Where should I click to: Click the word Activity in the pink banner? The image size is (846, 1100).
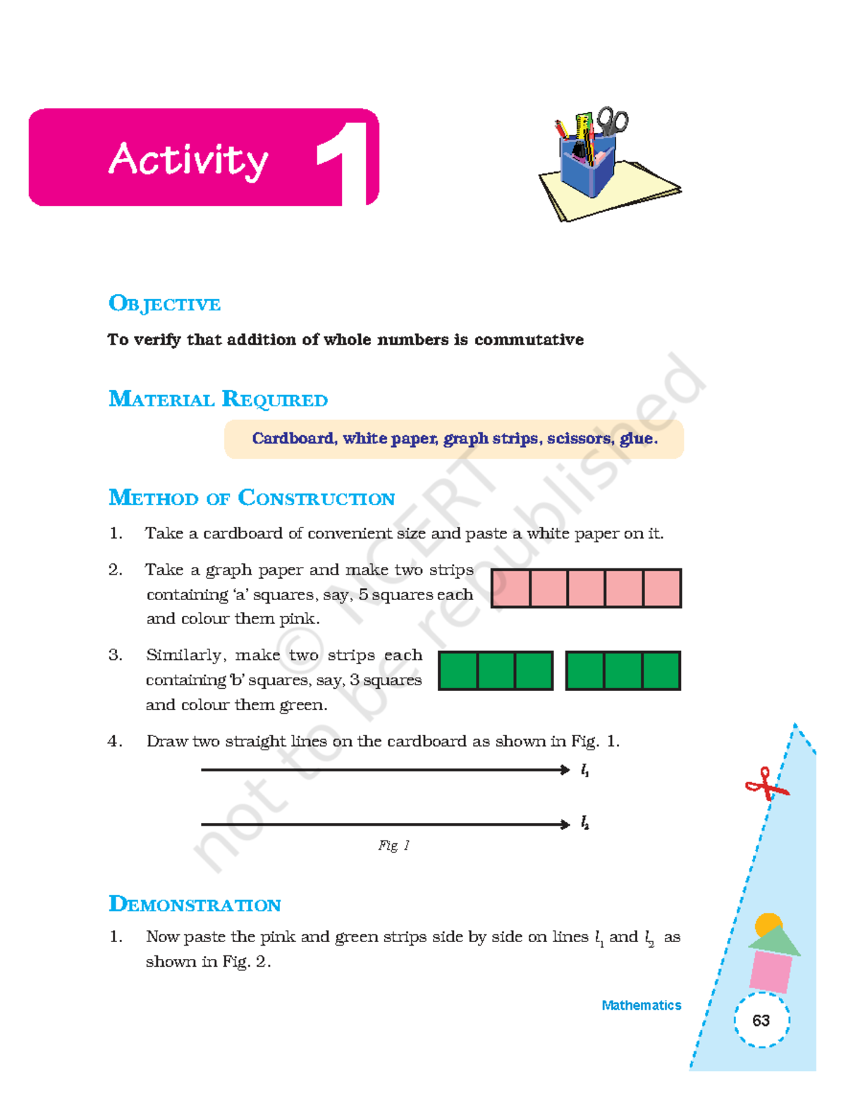click(188, 159)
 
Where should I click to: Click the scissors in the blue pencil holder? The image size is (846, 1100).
click(612, 121)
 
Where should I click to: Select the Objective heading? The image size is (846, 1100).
click(164, 304)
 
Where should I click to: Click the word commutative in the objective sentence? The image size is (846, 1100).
click(529, 340)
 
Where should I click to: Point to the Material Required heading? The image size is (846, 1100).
click(218, 399)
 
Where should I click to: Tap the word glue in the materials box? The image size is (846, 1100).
click(637, 439)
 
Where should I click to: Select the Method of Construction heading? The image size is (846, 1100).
click(251, 498)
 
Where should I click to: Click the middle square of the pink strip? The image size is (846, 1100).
click(586, 588)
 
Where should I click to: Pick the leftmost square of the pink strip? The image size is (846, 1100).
click(510, 588)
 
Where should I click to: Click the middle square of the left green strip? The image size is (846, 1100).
click(496, 671)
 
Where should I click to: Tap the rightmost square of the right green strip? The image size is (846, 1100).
click(661, 671)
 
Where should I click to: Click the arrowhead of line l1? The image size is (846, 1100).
click(565, 770)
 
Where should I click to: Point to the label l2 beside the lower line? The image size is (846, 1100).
click(584, 823)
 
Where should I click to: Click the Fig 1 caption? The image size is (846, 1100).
click(393, 845)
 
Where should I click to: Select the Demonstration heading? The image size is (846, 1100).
click(195, 904)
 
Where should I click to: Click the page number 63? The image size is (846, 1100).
click(761, 1020)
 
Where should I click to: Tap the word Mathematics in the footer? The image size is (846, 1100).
click(641, 1006)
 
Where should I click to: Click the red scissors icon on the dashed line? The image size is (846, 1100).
click(765, 785)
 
